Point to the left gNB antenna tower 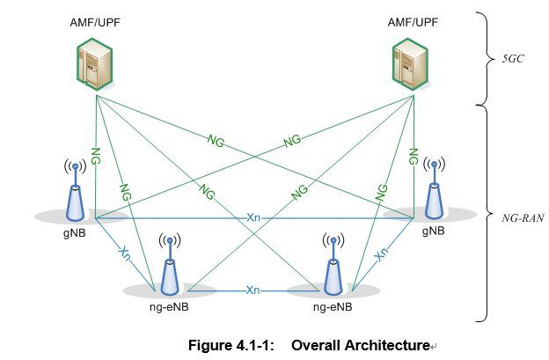[75, 192]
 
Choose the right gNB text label [433, 231]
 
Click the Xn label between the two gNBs [253, 217]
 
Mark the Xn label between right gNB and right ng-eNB [381, 253]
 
